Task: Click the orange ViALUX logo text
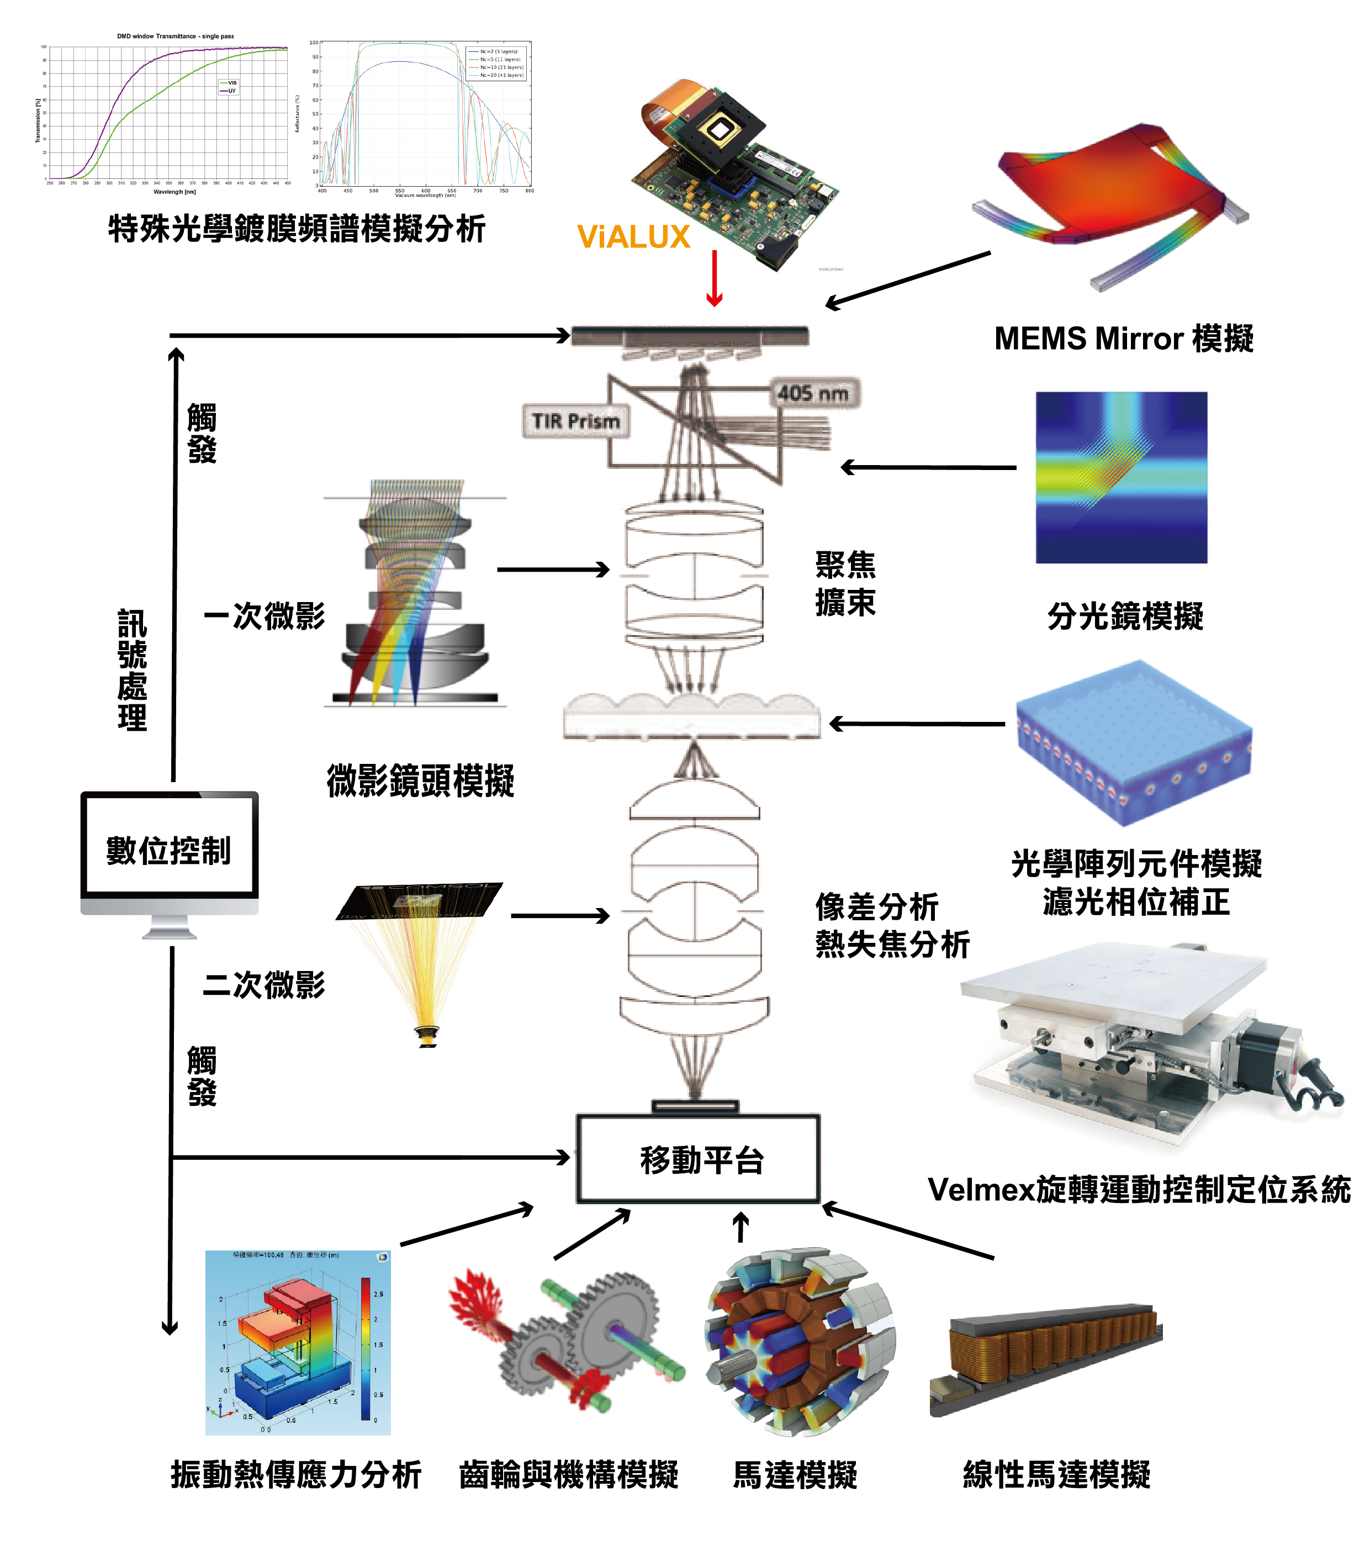tap(633, 237)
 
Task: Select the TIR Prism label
tap(576, 421)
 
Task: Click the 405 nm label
tap(813, 393)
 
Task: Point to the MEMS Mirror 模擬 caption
tap(1124, 339)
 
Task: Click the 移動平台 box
tap(699, 1159)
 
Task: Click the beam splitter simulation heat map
tap(1121, 477)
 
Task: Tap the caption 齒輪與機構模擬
tap(569, 1474)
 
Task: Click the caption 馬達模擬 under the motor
tap(795, 1474)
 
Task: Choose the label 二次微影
tap(264, 984)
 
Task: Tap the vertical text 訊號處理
tap(132, 669)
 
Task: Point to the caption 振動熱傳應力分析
tap(296, 1474)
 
